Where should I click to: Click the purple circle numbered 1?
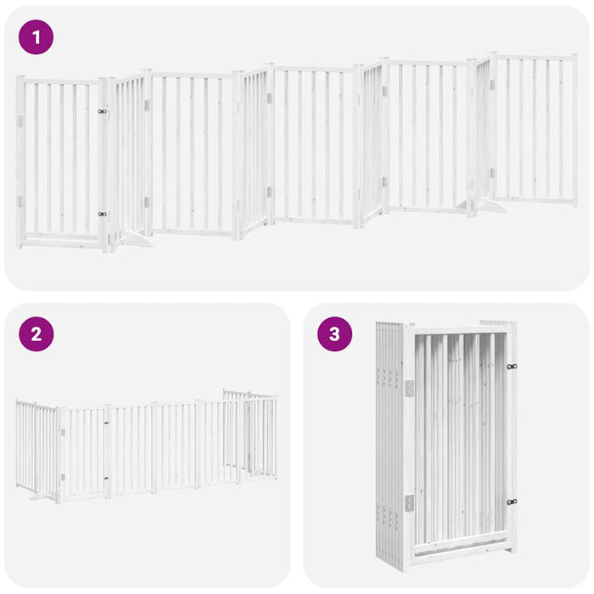point(36,37)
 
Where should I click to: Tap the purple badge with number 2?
point(36,333)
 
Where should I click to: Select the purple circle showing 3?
point(334,333)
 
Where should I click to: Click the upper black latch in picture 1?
point(102,111)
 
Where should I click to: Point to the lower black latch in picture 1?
point(102,215)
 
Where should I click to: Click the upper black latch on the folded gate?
point(512,367)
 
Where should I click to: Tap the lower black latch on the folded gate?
point(512,502)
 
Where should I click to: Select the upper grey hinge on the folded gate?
point(408,387)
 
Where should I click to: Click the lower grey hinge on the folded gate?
point(408,502)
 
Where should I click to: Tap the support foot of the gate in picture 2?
point(39,496)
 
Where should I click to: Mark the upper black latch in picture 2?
point(108,422)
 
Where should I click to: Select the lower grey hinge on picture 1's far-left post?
point(20,202)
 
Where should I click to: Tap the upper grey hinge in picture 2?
point(62,432)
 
